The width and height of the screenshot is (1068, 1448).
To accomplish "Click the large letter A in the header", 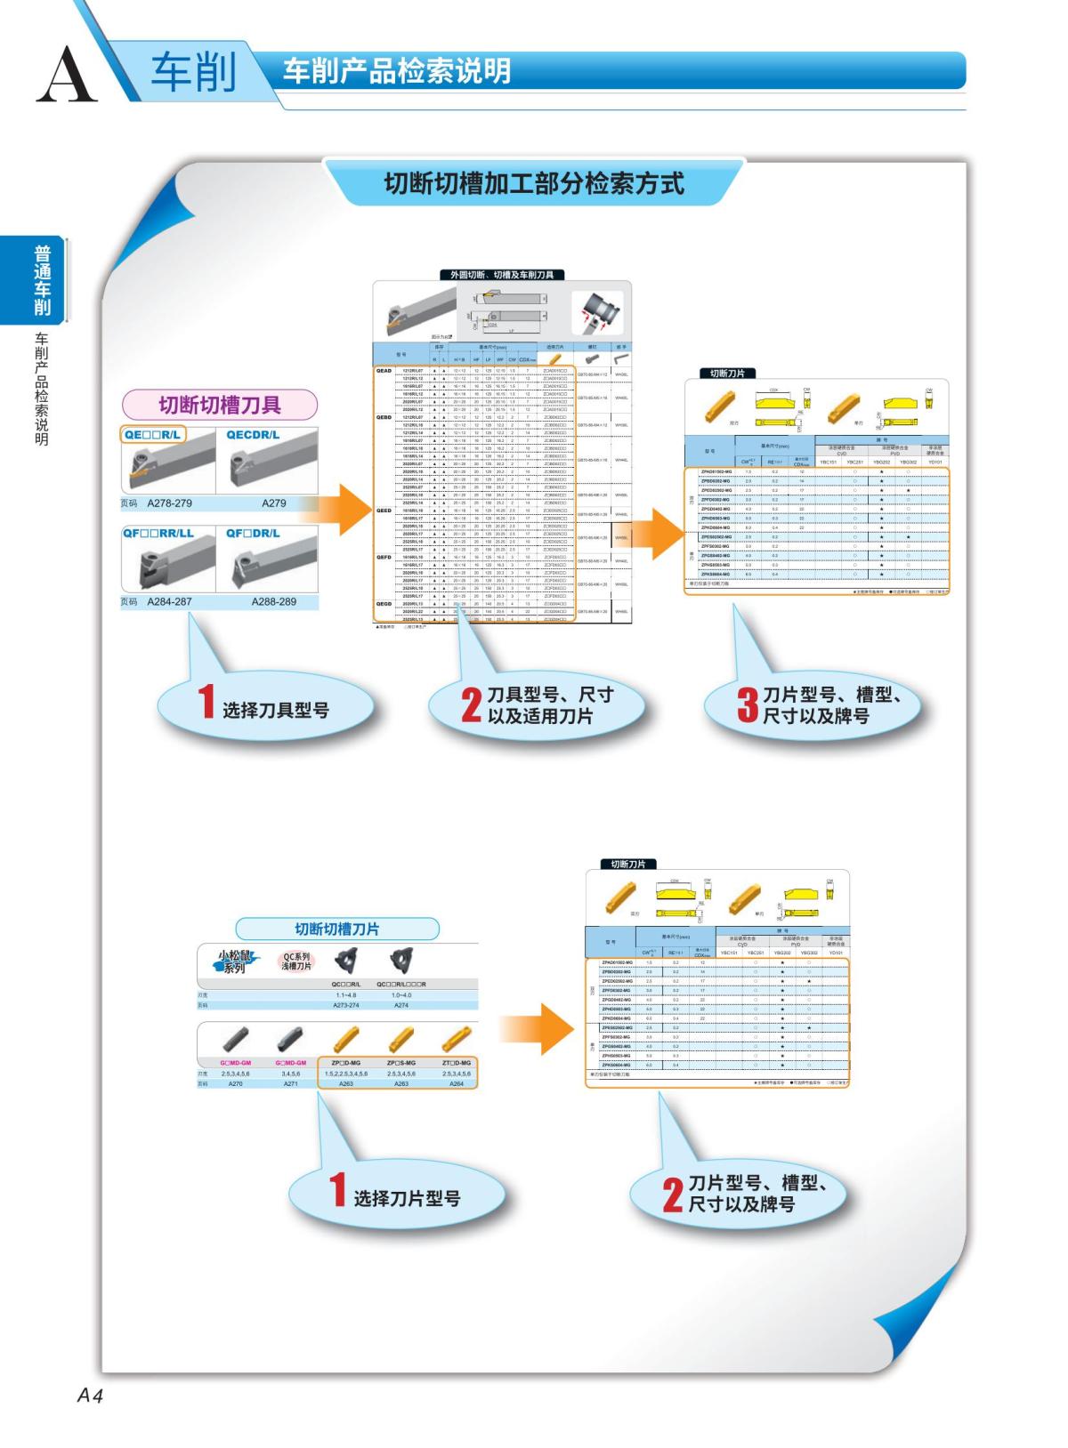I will point(66,75).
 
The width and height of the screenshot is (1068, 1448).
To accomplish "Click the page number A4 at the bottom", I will point(90,1395).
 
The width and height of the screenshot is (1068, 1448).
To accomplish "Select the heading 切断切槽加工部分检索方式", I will point(534,184).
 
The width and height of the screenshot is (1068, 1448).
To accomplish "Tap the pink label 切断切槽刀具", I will point(220,405).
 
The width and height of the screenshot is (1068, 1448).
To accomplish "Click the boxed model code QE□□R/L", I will point(153,435).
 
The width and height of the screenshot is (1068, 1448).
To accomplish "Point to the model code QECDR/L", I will point(253,435).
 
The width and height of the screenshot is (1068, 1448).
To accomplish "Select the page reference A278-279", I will point(169,503).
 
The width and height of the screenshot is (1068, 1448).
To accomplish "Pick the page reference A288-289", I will point(274,602).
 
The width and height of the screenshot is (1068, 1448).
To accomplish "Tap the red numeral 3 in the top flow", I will point(748,704).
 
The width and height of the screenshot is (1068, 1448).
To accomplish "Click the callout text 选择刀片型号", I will point(407,1198).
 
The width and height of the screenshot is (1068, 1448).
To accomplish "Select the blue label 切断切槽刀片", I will point(337,929).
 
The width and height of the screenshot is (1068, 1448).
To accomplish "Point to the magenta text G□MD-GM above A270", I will point(236,1063).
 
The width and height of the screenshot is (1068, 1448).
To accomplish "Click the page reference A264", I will point(457,1084).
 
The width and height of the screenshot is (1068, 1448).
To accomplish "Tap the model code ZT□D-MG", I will point(457,1063).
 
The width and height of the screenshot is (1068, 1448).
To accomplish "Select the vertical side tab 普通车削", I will point(43,281).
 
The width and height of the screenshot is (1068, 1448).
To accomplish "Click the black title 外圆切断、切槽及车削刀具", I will point(502,275).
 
